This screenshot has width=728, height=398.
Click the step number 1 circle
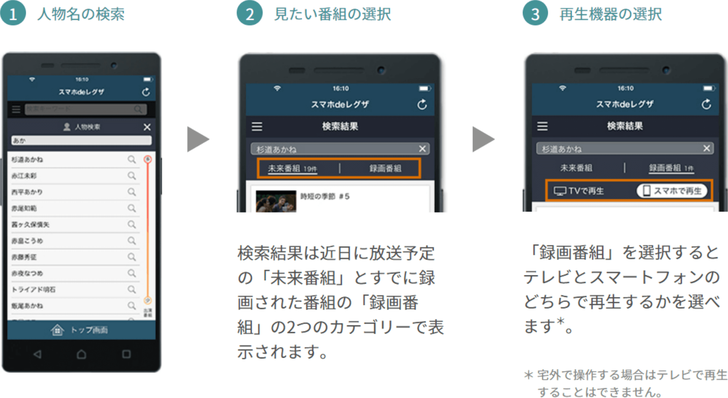(x=13, y=14)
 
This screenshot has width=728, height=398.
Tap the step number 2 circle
(x=249, y=14)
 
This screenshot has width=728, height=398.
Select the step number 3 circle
(x=535, y=14)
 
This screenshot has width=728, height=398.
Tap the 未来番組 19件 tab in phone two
(x=292, y=168)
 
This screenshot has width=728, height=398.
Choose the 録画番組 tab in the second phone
(x=385, y=168)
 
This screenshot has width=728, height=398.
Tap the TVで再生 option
(x=579, y=191)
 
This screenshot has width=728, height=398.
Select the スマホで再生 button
(x=672, y=191)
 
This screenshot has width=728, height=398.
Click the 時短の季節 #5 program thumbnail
(x=276, y=201)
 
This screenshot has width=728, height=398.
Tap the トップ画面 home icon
(x=57, y=330)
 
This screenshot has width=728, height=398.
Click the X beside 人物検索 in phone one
(x=147, y=127)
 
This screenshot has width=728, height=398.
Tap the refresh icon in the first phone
(x=146, y=92)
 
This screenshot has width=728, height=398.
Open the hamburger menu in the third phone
(x=542, y=126)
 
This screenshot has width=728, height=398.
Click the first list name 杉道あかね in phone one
(x=27, y=160)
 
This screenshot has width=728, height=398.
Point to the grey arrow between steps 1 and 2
(x=198, y=139)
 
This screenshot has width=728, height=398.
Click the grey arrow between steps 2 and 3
(x=483, y=139)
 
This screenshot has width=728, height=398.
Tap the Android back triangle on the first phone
(x=37, y=354)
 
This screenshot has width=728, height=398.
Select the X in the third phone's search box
(x=706, y=148)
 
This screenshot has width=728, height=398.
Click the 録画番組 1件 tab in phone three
(x=671, y=168)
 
